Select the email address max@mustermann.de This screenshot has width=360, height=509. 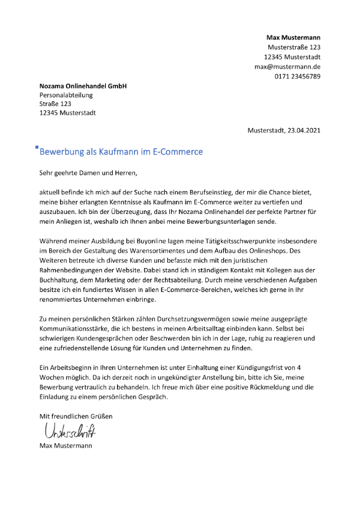(x=287, y=67)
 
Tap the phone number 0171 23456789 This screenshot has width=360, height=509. (x=298, y=76)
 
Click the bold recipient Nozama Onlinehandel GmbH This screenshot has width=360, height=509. (x=83, y=86)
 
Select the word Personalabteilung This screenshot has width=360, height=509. (x=66, y=95)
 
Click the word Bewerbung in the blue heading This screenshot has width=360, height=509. (x=63, y=152)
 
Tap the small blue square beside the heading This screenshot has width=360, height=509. (x=37, y=147)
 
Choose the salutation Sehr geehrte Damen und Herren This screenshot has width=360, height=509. (x=88, y=174)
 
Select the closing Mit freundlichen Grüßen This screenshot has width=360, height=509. (x=76, y=415)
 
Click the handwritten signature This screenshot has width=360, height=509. (x=69, y=431)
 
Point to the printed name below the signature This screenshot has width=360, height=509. (x=66, y=445)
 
